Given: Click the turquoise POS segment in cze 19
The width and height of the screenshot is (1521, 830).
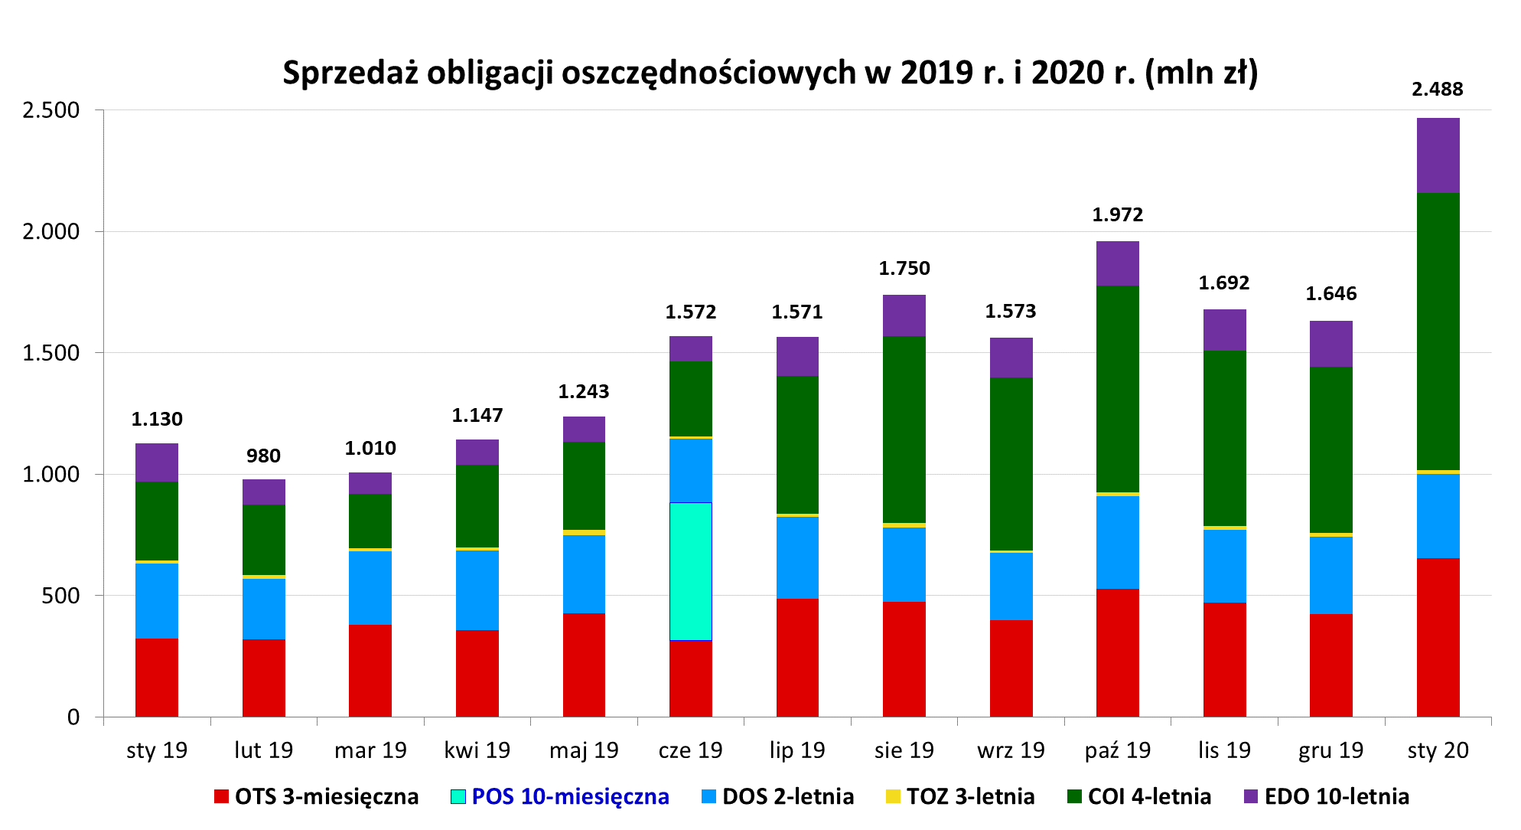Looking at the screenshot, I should click(690, 570).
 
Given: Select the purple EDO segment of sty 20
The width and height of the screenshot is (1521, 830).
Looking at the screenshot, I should click(1438, 155).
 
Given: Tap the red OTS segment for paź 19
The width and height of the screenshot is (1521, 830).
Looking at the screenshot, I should click(1117, 652).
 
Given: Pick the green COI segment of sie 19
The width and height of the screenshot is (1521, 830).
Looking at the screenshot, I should click(904, 430).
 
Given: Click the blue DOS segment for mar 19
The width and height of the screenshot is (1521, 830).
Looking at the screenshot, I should click(370, 587).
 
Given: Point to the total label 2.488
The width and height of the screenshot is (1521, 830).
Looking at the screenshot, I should click(1437, 90).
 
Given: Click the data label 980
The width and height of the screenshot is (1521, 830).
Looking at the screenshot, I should click(263, 456).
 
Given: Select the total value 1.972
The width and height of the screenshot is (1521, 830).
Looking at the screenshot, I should click(1117, 215).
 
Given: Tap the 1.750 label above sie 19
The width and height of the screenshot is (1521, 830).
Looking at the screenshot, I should click(904, 269).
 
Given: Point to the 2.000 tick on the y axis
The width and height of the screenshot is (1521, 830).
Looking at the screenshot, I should click(51, 231).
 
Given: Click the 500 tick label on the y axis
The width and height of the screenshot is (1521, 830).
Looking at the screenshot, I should click(60, 596).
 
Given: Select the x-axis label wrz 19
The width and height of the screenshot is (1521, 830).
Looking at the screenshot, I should click(1010, 750).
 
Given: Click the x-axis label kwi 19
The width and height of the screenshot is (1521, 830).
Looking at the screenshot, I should click(477, 750).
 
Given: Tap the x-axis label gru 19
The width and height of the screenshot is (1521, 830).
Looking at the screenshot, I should click(1330, 750).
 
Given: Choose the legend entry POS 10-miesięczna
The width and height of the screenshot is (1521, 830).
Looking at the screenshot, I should click(570, 796).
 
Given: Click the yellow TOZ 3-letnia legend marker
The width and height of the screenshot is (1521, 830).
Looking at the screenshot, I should click(892, 796).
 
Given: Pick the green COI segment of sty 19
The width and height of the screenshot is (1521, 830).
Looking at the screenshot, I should click(157, 521).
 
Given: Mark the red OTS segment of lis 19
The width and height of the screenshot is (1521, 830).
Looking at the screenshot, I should click(1224, 659).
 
